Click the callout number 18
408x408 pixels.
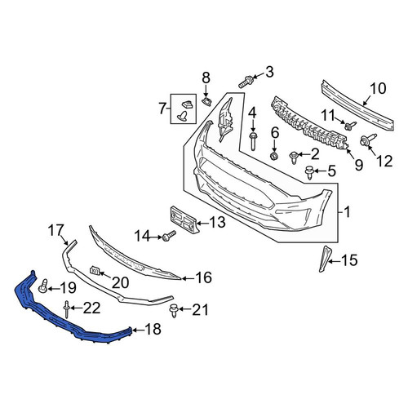click(153, 329)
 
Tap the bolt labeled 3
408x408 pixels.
click(246, 82)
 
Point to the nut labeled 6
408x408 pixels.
click(274, 156)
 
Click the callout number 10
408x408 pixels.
click(378, 88)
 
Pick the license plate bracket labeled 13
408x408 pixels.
click(184, 220)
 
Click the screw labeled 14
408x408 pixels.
click(169, 236)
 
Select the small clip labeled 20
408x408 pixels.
click(95, 271)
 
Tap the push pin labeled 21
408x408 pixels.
click(173, 311)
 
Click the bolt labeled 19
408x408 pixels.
click(43, 286)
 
